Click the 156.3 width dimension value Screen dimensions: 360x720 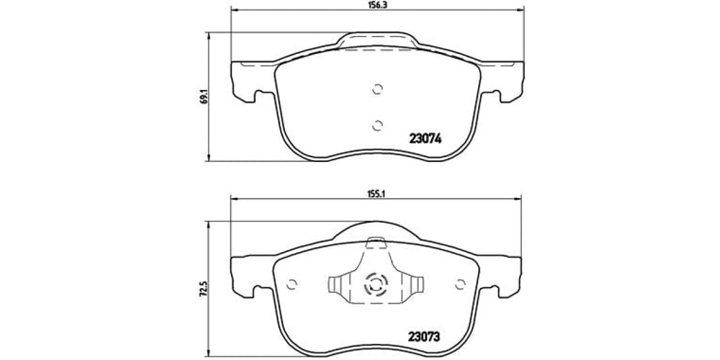pos(376,4)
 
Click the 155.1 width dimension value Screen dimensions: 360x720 pos(376,194)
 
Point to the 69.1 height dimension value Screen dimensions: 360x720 pos(203,97)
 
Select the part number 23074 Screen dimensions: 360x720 pos(425,139)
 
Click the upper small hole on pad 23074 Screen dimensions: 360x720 pos(377,89)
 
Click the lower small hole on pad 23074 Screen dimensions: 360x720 pos(377,125)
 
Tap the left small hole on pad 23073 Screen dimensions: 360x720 pos(292,284)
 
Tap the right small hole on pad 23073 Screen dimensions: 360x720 pos(461,284)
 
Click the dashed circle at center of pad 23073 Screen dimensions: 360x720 pos(377,284)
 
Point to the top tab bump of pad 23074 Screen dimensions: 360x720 pos(377,40)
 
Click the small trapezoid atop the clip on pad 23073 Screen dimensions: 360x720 pos(377,242)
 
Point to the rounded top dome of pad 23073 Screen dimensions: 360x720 pos(377,228)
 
